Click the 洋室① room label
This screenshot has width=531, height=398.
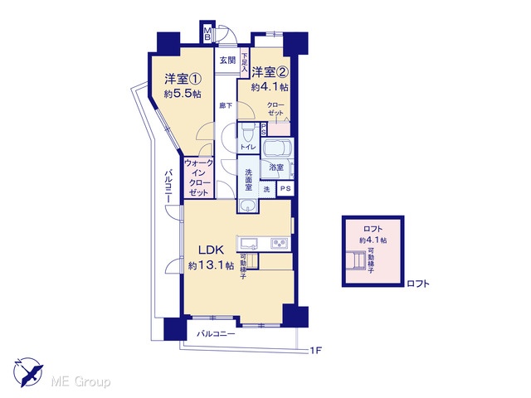(183, 80)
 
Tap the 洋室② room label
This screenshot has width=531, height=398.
(270, 72)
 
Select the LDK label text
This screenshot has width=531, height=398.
(211, 250)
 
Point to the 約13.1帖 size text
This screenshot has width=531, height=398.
(211, 265)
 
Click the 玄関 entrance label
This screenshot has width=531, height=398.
(227, 61)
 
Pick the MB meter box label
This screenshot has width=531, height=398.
(207, 34)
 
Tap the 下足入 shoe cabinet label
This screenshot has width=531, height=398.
(245, 62)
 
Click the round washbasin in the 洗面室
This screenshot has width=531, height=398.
(248, 205)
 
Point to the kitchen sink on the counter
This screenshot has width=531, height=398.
(249, 243)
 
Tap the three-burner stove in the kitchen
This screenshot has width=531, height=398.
(280, 243)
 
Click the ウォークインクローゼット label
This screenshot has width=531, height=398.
(199, 178)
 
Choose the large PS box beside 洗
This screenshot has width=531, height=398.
(285, 188)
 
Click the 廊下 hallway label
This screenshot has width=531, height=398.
(226, 105)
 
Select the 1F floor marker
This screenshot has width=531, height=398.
(315, 350)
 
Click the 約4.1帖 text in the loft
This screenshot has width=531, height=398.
(373, 240)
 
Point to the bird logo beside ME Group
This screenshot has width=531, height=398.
(28, 372)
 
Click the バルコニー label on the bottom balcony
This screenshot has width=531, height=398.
(216, 334)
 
